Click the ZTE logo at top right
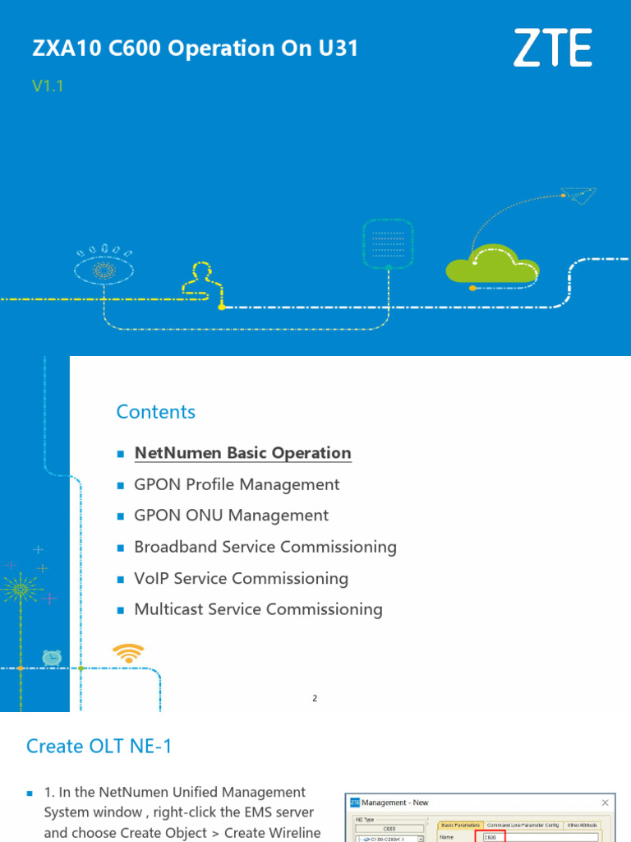[x=552, y=49]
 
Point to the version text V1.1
[x=48, y=86]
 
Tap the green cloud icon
[x=491, y=265]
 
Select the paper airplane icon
[x=578, y=195]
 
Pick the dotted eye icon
[x=103, y=268]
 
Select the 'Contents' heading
[x=156, y=412]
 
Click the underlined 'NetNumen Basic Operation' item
[x=242, y=453]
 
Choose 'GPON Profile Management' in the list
[x=237, y=484]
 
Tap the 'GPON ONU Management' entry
[x=231, y=516]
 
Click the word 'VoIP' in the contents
[x=152, y=578]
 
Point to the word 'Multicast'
[x=170, y=609]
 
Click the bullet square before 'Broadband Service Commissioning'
[x=120, y=548]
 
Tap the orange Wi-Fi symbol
[x=127, y=653]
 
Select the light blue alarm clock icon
[x=52, y=657]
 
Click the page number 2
[x=315, y=698]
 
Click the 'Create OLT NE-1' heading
[x=99, y=746]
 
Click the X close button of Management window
[x=606, y=803]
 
